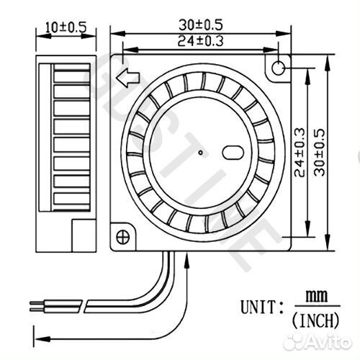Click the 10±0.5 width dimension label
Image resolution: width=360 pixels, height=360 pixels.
point(66,27)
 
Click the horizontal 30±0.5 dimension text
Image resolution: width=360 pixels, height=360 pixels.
point(201,25)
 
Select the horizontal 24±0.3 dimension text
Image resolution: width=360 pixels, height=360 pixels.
point(200,41)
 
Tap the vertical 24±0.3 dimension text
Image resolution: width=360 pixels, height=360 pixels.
point(300,153)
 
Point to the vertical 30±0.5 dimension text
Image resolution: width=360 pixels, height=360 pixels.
point(320,153)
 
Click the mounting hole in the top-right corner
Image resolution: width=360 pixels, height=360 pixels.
point(278,68)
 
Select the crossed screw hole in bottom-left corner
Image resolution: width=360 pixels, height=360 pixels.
point(122,237)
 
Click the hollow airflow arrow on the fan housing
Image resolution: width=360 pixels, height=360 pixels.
point(127,78)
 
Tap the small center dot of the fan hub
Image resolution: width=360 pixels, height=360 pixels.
point(201,153)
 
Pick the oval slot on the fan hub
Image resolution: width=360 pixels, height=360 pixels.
point(233,153)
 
